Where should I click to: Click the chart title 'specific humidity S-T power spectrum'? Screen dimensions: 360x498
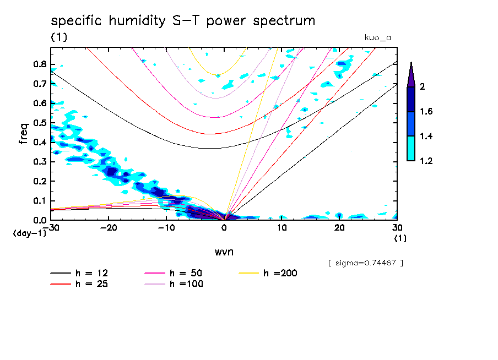183,21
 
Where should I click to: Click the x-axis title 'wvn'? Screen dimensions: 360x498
224,252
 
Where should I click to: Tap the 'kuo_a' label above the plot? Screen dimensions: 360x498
377,37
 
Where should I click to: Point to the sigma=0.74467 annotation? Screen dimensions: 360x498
365,263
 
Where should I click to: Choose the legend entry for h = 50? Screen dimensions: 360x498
186,273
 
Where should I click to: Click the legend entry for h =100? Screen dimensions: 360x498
186,284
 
